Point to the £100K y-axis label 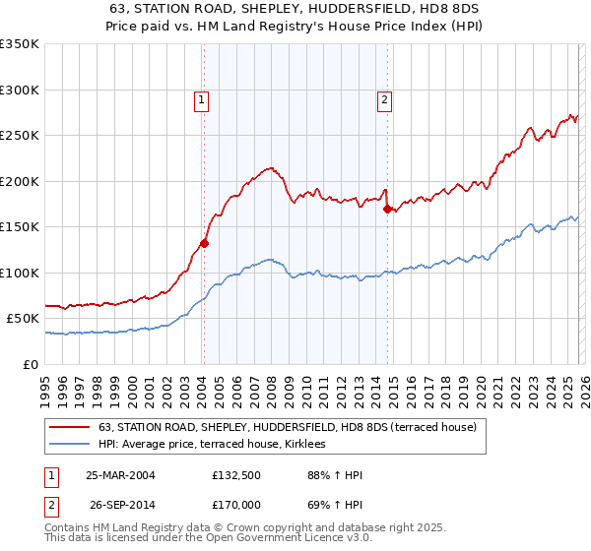tap(20, 273)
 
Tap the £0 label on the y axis tap(29, 364)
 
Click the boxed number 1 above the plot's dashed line tap(201, 98)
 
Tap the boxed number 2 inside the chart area tap(382, 98)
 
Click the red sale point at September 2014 tap(387, 209)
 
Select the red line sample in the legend tap(71, 427)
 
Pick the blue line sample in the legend tap(71, 445)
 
